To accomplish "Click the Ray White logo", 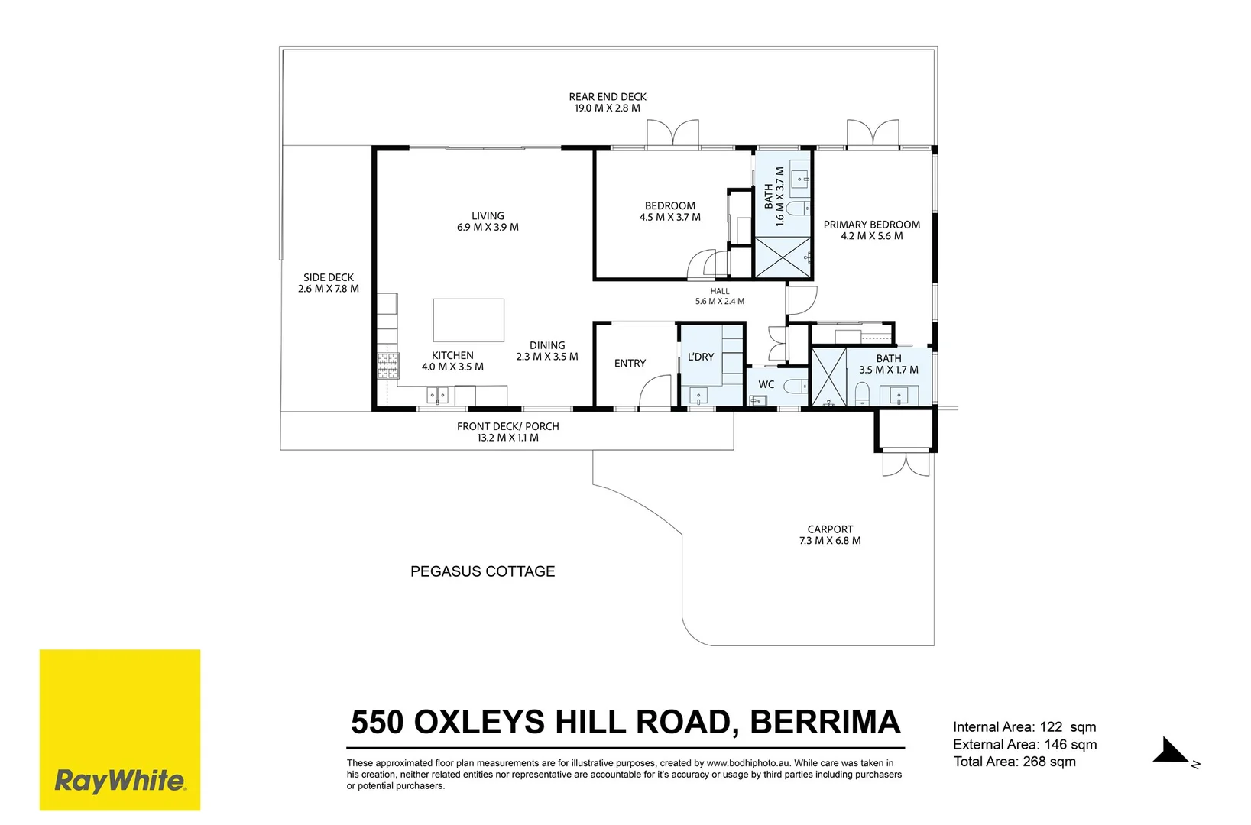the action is (119, 730).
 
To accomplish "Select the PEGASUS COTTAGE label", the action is (482, 571).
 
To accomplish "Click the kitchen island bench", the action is (468, 320).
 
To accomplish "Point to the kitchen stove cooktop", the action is (388, 366).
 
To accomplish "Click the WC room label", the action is (766, 384).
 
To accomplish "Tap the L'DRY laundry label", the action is (701, 357).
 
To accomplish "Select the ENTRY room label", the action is (630, 364).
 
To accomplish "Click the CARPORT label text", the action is (830, 529).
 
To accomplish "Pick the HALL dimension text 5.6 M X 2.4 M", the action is (720, 302).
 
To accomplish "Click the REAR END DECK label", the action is (608, 97).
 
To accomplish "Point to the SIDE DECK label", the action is (329, 277).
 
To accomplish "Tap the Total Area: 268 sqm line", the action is (1014, 762).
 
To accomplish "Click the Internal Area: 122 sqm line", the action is (1024, 726).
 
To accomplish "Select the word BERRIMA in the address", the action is (825, 722).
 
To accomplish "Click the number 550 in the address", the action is (377, 722).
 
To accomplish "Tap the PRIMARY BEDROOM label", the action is (872, 225).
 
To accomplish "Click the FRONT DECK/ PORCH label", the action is (507, 426).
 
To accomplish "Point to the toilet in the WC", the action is (796, 386).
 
